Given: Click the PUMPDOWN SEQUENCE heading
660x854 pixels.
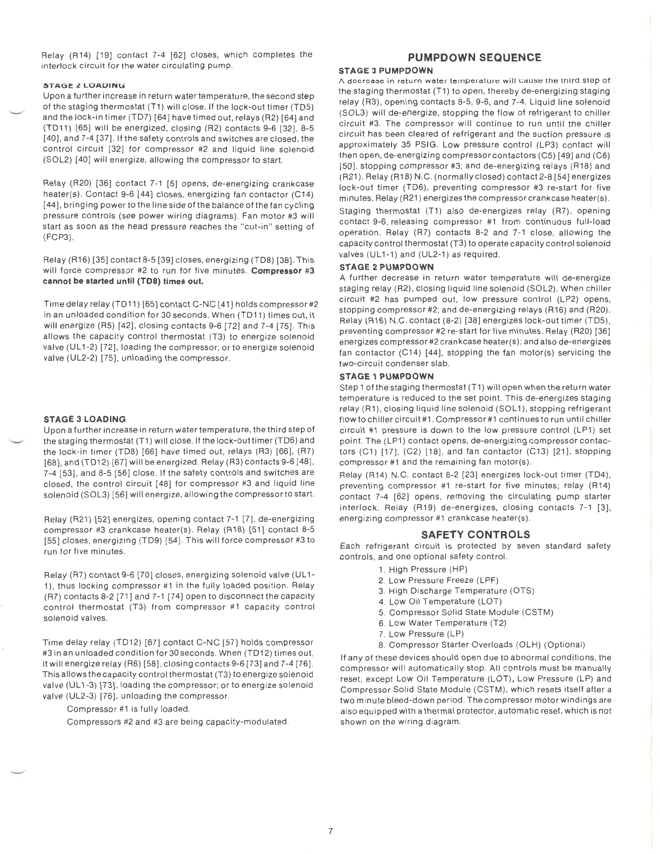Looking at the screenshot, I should click(475, 58).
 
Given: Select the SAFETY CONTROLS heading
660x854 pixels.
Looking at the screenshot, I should click(475, 535).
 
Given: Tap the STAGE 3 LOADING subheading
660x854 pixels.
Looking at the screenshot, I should click(85, 419).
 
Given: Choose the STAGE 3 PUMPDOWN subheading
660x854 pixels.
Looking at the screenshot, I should click(386, 71).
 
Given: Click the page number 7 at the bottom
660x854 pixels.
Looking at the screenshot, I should click(331, 831).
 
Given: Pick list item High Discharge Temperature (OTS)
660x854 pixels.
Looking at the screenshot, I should click(456, 591).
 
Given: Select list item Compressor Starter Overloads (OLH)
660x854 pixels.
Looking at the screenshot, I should click(482, 645).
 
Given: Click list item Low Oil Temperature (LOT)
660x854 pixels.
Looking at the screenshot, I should click(440, 602).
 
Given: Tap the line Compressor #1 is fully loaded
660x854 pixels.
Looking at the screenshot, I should click(128, 709).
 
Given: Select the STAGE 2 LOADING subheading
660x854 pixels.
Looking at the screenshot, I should click(84, 85).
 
